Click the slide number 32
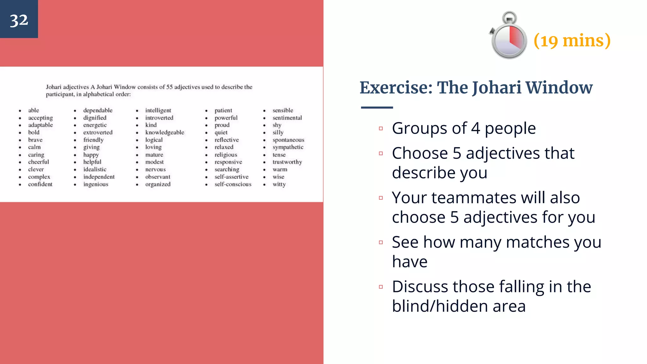pos(19,20)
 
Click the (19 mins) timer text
pos(572,41)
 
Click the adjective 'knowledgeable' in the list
pos(165,132)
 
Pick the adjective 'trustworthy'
pos(287,162)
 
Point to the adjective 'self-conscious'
pos(233,184)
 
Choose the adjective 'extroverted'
pos(98,132)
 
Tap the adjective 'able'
pos(33,110)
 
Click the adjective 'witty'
pos(279,184)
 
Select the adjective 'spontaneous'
pos(288,140)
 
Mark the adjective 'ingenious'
pos(96,184)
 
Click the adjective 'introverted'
pos(159,118)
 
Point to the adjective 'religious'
pos(226,155)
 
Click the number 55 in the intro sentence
pos(170,87)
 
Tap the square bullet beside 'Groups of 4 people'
pos(381,129)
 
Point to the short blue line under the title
pos(377,108)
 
